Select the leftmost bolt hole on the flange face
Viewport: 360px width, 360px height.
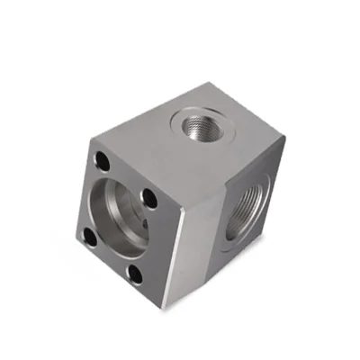coord(89,236)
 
